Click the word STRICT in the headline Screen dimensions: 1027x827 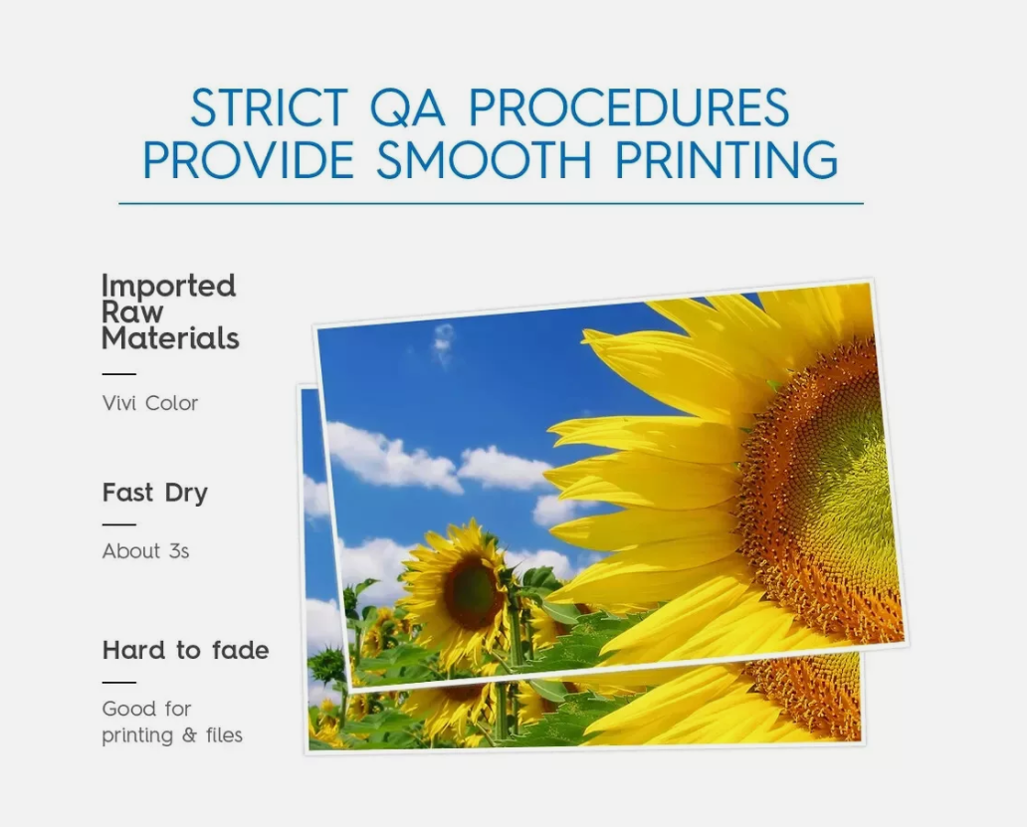[x=269, y=107]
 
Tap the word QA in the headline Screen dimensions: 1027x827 [x=407, y=108]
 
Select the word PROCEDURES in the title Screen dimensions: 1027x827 [x=629, y=107]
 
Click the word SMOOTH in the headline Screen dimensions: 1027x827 [x=484, y=159]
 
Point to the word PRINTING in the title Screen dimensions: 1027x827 [x=727, y=159]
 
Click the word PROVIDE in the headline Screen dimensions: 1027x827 [x=249, y=159]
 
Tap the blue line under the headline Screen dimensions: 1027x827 [x=492, y=204]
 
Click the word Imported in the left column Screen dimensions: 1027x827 [x=168, y=288]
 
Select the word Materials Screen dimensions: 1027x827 [x=170, y=338]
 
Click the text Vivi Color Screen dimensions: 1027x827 [x=150, y=403]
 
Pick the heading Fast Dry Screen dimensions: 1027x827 [x=154, y=493]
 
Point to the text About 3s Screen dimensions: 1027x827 [x=145, y=551]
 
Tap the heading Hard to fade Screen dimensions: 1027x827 [x=185, y=650]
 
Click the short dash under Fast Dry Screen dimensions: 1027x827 [x=119, y=524]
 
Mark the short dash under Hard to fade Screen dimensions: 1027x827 [x=119, y=683]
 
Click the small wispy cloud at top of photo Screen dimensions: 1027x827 [x=444, y=342]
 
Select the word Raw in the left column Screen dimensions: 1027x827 [x=132, y=312]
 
